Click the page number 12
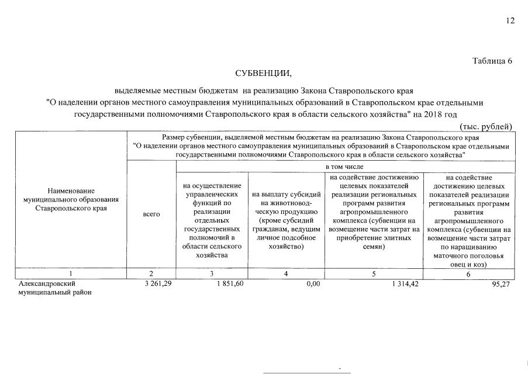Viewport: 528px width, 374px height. pyautogui.click(x=510, y=21)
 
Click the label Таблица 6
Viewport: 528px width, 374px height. pyautogui.click(x=492, y=62)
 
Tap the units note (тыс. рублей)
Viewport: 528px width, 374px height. pyautogui.click(x=486, y=127)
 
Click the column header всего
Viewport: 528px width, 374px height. pyautogui.click(x=151, y=214)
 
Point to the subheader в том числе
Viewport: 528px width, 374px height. pyautogui.click(x=345, y=167)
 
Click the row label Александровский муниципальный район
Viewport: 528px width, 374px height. pyautogui.click(x=56, y=288)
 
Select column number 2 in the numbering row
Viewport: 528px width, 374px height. pyautogui.click(x=151, y=273)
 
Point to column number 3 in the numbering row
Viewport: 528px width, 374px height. pyautogui.click(x=212, y=273)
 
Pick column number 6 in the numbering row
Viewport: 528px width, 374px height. pyautogui.click(x=469, y=273)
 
